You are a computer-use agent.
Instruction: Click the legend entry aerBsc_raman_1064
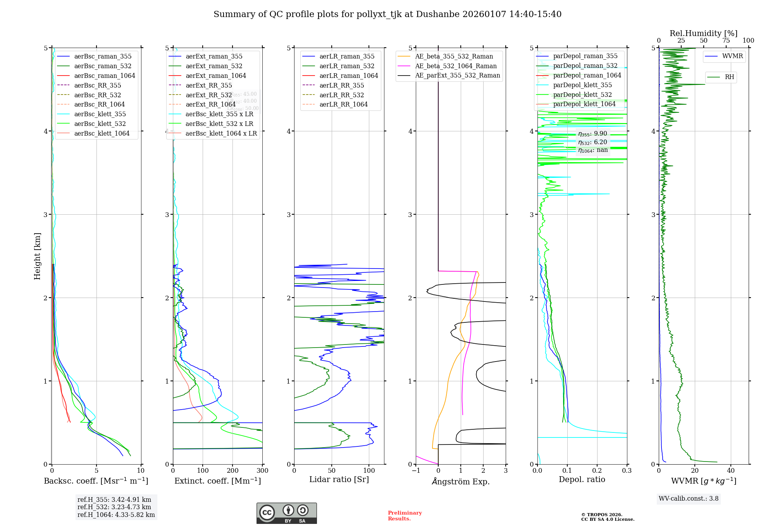pos(105,76)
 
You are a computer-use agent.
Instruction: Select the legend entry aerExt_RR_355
pos(208,85)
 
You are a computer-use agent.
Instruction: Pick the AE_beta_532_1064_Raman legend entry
pos(456,66)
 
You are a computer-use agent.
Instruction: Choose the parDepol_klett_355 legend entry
pos(582,85)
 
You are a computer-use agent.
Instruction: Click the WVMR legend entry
pos(732,56)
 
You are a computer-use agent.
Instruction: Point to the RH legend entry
pos(729,77)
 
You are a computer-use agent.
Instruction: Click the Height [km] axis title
pos(37,256)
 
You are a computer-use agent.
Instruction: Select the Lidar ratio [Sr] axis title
pos(339,479)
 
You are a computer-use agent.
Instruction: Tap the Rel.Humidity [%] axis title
pos(703,33)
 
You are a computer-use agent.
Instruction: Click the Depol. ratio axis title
pos(582,479)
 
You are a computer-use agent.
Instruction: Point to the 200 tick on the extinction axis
pos(232,471)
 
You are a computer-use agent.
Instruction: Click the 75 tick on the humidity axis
pos(726,41)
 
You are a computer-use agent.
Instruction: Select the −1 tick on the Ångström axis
pos(416,471)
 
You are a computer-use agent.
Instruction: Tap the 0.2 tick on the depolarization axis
pos(597,471)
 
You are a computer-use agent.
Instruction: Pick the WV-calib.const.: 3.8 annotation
pos(689,499)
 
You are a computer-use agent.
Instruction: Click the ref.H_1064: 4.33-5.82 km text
pos(116,515)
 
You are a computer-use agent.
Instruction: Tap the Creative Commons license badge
pos(286,513)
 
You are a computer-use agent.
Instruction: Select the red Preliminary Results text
pos(405,516)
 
